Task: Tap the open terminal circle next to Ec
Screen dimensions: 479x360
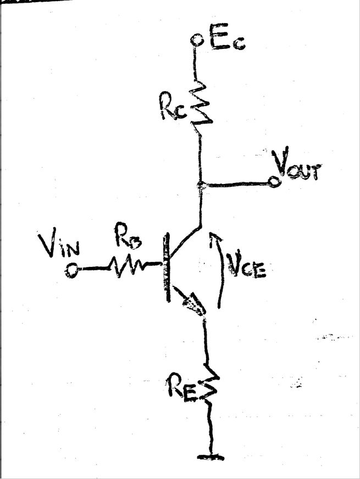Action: coord(196,40)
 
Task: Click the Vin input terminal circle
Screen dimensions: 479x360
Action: coord(71,270)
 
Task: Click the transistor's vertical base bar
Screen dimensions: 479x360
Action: coord(165,268)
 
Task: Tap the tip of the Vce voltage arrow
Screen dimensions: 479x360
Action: coord(214,236)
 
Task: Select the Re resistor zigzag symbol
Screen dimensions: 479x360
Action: coord(211,385)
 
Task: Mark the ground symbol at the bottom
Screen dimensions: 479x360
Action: coord(211,456)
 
